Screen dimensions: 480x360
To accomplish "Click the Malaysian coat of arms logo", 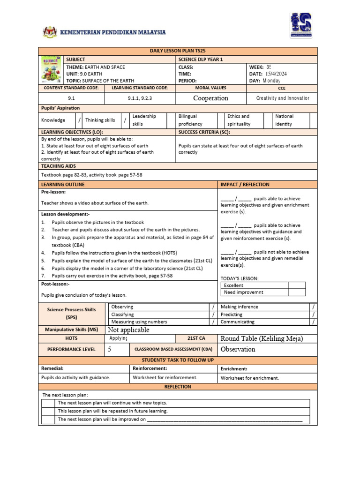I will (49, 32).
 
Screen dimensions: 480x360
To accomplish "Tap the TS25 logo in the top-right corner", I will (300, 25).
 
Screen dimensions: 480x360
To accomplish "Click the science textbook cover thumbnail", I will (50, 70).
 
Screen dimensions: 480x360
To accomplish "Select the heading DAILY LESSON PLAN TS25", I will (178, 51).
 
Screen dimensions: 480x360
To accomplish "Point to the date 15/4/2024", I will (276, 74).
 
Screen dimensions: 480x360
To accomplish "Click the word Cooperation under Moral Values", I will (210, 98).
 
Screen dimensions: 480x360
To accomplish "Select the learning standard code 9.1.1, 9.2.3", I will (140, 98).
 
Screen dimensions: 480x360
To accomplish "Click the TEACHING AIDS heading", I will (59, 166).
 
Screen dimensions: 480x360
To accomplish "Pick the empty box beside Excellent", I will (296, 285).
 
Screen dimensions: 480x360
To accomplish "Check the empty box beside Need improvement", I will (296, 292).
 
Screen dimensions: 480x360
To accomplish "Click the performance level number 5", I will (110, 349).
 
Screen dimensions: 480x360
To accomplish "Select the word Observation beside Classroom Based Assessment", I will (238, 349).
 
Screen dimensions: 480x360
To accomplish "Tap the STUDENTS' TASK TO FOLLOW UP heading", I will (178, 360).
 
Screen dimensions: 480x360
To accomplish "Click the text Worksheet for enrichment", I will (250, 377).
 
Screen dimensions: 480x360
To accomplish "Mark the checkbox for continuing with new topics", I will (48, 403).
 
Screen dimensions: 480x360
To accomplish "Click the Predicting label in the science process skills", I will (232, 315).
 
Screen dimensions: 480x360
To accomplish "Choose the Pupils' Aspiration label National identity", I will (284, 120).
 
